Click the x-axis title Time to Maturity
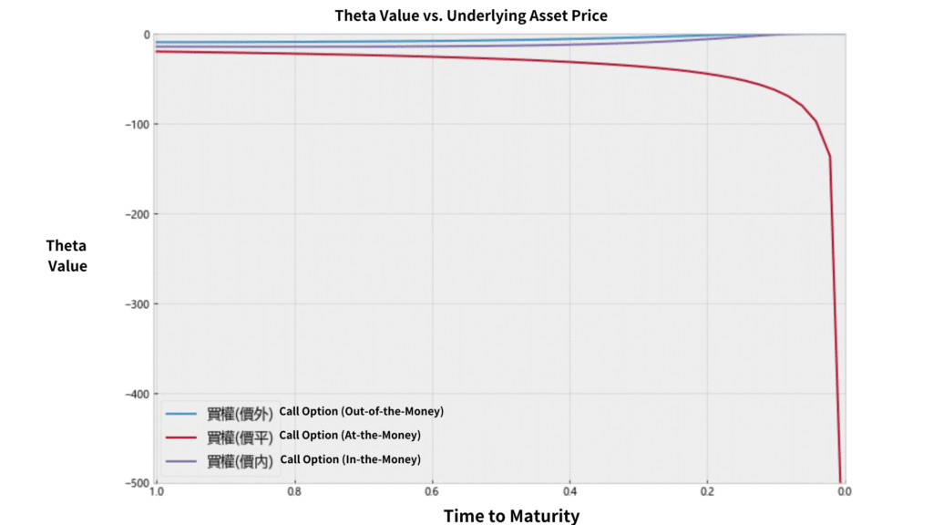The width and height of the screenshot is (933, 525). [x=511, y=516]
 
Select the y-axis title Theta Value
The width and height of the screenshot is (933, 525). [x=67, y=255]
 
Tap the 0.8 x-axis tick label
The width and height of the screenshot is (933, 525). [x=294, y=493]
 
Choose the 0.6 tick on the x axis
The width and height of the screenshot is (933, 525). [x=432, y=493]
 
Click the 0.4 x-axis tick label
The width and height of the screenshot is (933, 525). [x=569, y=493]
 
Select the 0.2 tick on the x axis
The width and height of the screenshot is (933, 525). [x=706, y=493]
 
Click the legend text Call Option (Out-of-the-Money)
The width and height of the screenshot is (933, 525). [x=362, y=411]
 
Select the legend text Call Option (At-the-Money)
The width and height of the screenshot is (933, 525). [x=350, y=435]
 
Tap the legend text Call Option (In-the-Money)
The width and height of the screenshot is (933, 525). [x=351, y=459]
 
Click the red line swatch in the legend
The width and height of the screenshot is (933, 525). [x=181, y=437]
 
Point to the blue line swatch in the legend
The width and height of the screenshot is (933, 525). [x=181, y=413]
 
